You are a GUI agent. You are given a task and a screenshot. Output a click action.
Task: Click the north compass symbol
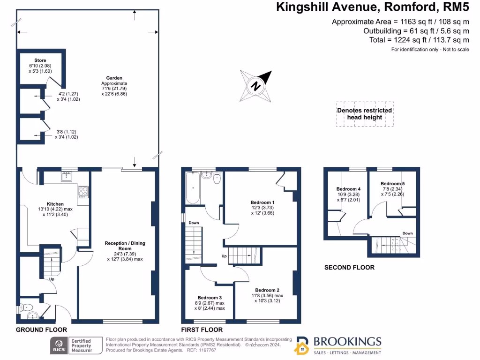coord(256,86)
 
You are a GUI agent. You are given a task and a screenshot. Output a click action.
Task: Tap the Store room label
coord(40,60)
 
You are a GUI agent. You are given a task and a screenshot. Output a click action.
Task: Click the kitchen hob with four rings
coord(83,191)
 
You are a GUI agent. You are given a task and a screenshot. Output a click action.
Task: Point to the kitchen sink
coord(66,176)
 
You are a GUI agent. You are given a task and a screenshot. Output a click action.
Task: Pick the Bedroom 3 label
coord(210,298)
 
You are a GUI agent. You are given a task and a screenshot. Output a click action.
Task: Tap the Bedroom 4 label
coord(346,189)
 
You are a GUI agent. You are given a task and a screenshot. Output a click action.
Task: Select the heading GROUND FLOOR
coord(41,330)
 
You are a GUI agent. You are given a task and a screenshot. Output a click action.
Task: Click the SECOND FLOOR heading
coord(349,267)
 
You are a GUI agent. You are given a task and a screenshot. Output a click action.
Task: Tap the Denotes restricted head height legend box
coord(365,114)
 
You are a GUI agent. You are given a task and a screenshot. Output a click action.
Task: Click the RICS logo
coord(59,346)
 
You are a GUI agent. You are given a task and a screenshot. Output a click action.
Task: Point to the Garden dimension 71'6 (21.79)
coord(114,89)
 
